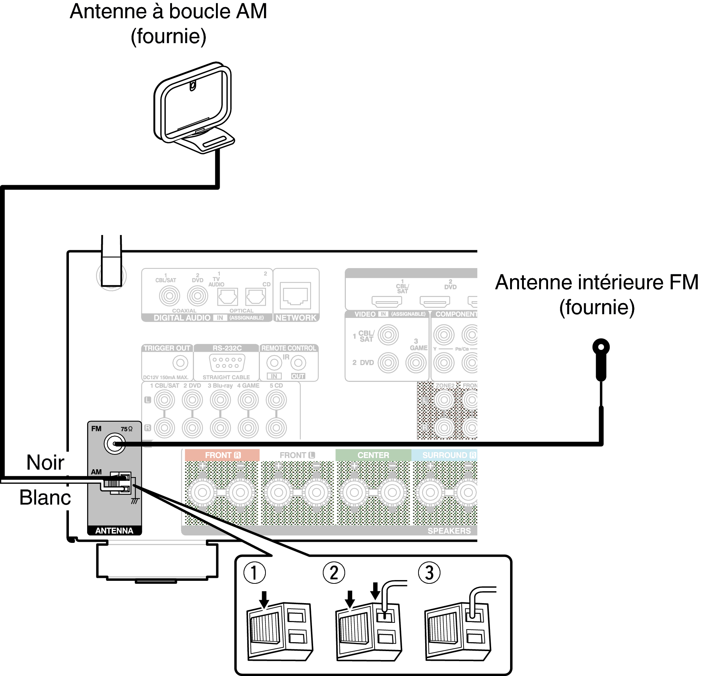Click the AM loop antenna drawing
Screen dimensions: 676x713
coord(193,108)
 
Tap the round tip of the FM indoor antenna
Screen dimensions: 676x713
coord(601,347)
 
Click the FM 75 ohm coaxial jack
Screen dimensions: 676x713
coord(115,444)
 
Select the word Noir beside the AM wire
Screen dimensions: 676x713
coord(45,463)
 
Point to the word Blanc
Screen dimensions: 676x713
coord(45,498)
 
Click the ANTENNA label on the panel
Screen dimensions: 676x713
coord(114,531)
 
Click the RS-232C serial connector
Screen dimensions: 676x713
coord(227,363)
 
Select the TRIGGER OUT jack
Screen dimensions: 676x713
coord(180,363)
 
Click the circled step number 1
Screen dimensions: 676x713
coord(254,573)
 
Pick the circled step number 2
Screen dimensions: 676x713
coord(334,573)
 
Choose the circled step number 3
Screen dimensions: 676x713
coord(429,573)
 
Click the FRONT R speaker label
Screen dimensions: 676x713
coord(223,455)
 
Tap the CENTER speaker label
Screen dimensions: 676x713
coord(373,455)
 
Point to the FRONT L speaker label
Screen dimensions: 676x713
coord(297,455)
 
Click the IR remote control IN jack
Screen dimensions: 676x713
coord(274,363)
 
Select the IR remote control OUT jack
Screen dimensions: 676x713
coord(298,363)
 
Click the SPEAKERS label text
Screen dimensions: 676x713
coord(449,531)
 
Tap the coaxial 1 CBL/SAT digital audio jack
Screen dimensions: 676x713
coord(169,296)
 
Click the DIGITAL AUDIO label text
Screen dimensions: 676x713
coord(182,318)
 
